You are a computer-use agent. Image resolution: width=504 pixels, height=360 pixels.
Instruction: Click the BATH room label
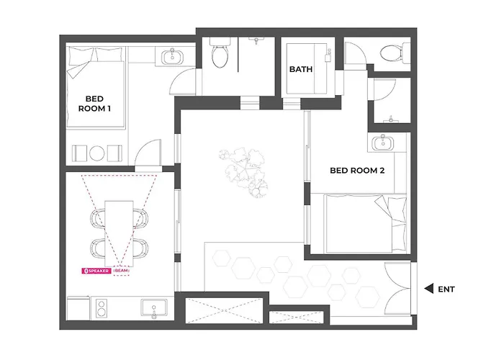tap(301, 69)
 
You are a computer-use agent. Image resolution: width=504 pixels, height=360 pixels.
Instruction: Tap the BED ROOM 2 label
tap(357, 171)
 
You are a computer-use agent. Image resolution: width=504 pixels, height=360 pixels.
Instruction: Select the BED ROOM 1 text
tap(94, 104)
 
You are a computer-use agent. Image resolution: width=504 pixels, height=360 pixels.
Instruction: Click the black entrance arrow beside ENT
tap(429, 289)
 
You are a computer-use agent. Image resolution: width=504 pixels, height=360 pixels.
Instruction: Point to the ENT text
tap(446, 289)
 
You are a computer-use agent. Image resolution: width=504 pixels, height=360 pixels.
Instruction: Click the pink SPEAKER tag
tap(96, 271)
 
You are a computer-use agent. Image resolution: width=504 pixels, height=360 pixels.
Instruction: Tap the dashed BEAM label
tap(122, 271)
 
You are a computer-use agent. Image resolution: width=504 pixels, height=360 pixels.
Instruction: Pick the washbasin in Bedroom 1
tap(173, 57)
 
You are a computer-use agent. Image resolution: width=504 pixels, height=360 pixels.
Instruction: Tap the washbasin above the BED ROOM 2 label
tap(382, 143)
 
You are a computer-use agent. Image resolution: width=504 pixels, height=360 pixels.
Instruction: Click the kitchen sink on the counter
tap(154, 308)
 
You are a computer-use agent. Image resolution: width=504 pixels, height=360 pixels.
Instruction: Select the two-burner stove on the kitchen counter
tap(102, 308)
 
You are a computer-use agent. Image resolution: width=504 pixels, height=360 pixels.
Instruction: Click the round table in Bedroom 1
tap(96, 153)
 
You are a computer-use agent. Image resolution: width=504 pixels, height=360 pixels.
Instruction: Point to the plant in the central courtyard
tap(244, 171)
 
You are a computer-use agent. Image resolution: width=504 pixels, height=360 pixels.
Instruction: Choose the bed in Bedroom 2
tap(366, 223)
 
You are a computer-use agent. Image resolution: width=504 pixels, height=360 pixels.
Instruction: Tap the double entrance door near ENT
tap(398, 288)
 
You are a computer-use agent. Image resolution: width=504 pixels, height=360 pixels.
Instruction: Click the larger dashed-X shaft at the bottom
tap(224, 310)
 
